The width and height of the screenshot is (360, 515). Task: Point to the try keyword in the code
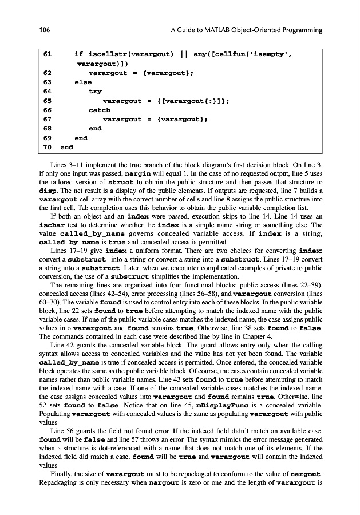coord(95,92)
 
